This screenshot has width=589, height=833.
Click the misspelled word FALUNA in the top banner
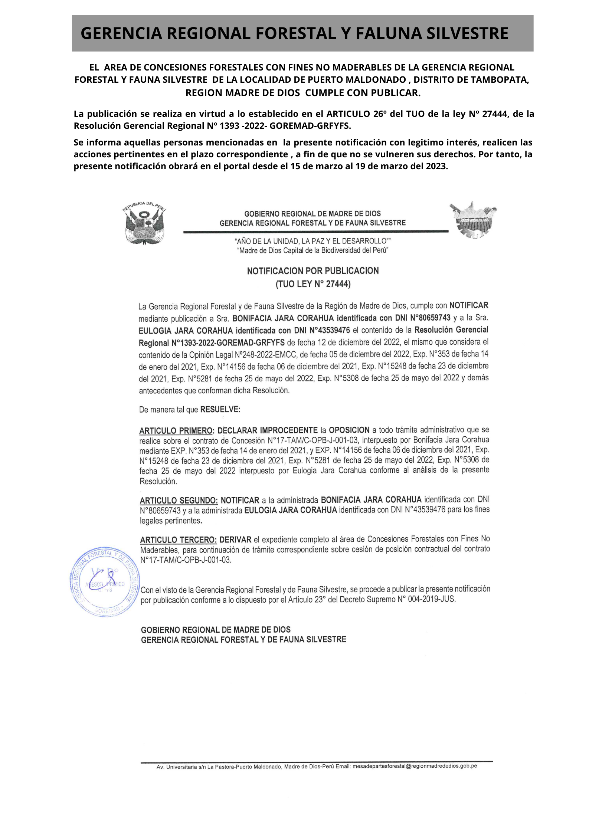click(389, 33)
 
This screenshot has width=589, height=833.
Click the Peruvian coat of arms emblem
click(144, 223)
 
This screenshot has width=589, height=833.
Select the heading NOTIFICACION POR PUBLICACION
click(313, 271)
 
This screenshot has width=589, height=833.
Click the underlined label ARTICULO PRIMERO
click(176, 431)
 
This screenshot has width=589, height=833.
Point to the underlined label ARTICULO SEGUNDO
click(179, 501)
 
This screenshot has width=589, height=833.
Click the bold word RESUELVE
click(220, 410)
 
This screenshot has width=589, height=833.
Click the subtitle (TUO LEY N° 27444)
click(313, 284)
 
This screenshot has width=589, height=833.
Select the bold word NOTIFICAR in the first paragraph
click(469, 305)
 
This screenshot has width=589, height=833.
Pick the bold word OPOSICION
click(349, 430)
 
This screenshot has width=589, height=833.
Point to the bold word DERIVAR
click(235, 540)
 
